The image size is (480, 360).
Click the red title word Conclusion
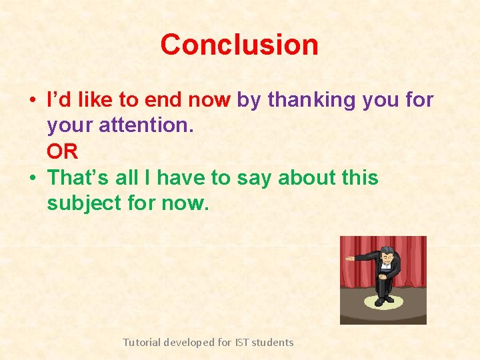tap(239, 45)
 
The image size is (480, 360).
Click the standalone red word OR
tap(62, 152)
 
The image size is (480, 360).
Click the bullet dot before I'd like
tap(32, 101)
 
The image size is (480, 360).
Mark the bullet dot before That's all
tap(32, 179)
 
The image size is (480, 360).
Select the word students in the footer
tap(273, 342)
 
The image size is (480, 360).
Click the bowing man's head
tap(386, 255)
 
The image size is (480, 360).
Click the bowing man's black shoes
tap(383, 301)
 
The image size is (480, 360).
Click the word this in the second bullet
tap(360, 178)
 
